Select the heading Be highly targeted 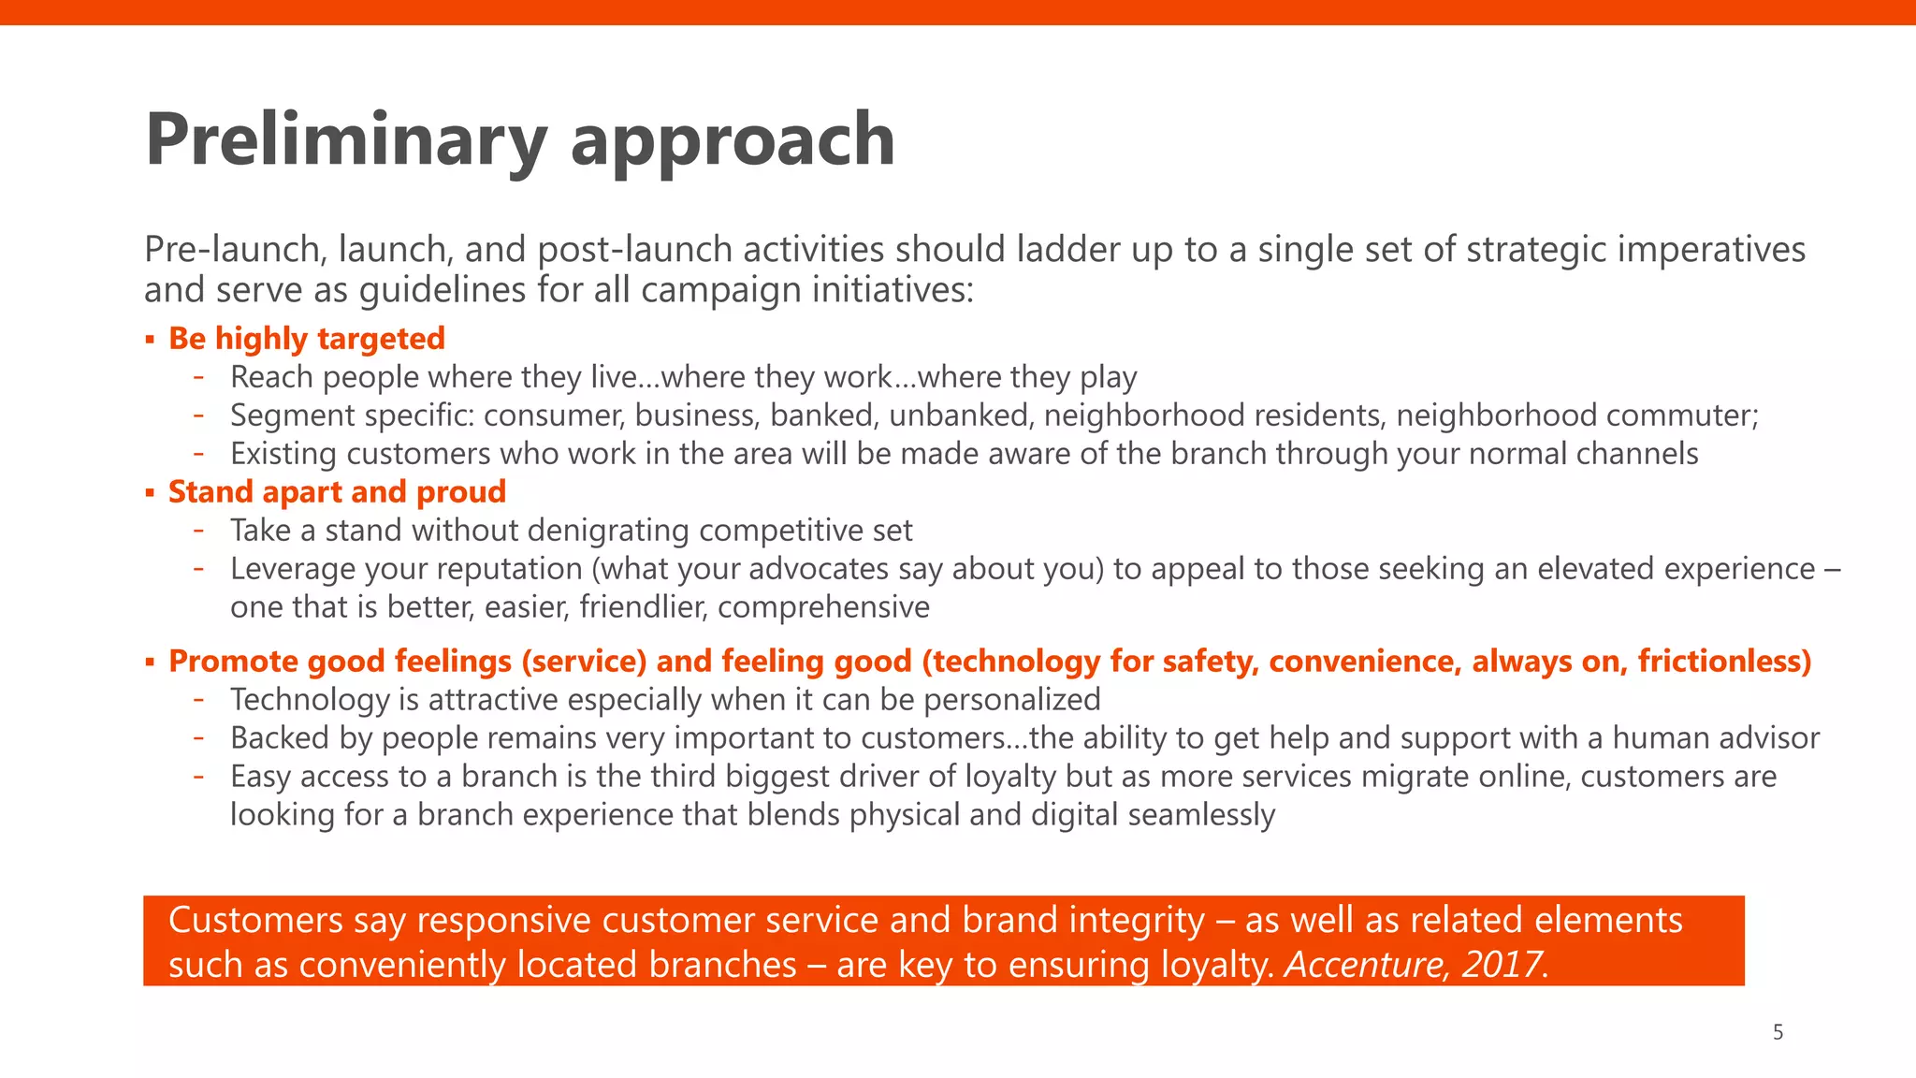click(306, 339)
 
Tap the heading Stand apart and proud click(337, 492)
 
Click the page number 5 click(1778, 1033)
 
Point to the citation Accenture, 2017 click(1414, 965)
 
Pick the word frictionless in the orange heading click(1723, 662)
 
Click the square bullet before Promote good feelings click(150, 663)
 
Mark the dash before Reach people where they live click(198, 377)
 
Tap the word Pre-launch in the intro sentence click(234, 250)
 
